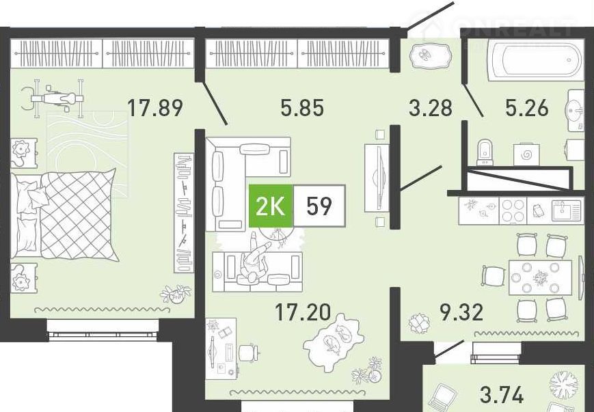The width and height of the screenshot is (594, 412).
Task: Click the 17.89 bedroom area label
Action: pos(155,107)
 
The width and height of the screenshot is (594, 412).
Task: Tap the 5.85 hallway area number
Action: pos(302,107)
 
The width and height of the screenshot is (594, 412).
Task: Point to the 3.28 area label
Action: pos(431,107)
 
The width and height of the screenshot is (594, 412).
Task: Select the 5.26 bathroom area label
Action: pos(526,107)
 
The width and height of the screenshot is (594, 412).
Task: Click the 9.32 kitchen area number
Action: pos(461,313)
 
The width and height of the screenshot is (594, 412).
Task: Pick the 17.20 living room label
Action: pos(303,313)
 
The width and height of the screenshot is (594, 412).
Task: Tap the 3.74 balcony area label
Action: pos(501,395)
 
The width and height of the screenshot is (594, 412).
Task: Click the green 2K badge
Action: pos(271,206)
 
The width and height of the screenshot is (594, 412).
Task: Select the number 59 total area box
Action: pos(319,206)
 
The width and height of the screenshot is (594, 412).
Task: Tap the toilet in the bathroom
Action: pos(485,152)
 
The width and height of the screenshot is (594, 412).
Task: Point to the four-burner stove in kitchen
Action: pos(513,210)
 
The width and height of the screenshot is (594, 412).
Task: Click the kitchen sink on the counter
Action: pos(566,210)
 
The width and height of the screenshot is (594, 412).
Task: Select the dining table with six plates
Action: pos(540,277)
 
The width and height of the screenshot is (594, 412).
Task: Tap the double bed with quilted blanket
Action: pos(64,215)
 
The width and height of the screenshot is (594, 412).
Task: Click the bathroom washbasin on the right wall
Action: pos(576,111)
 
